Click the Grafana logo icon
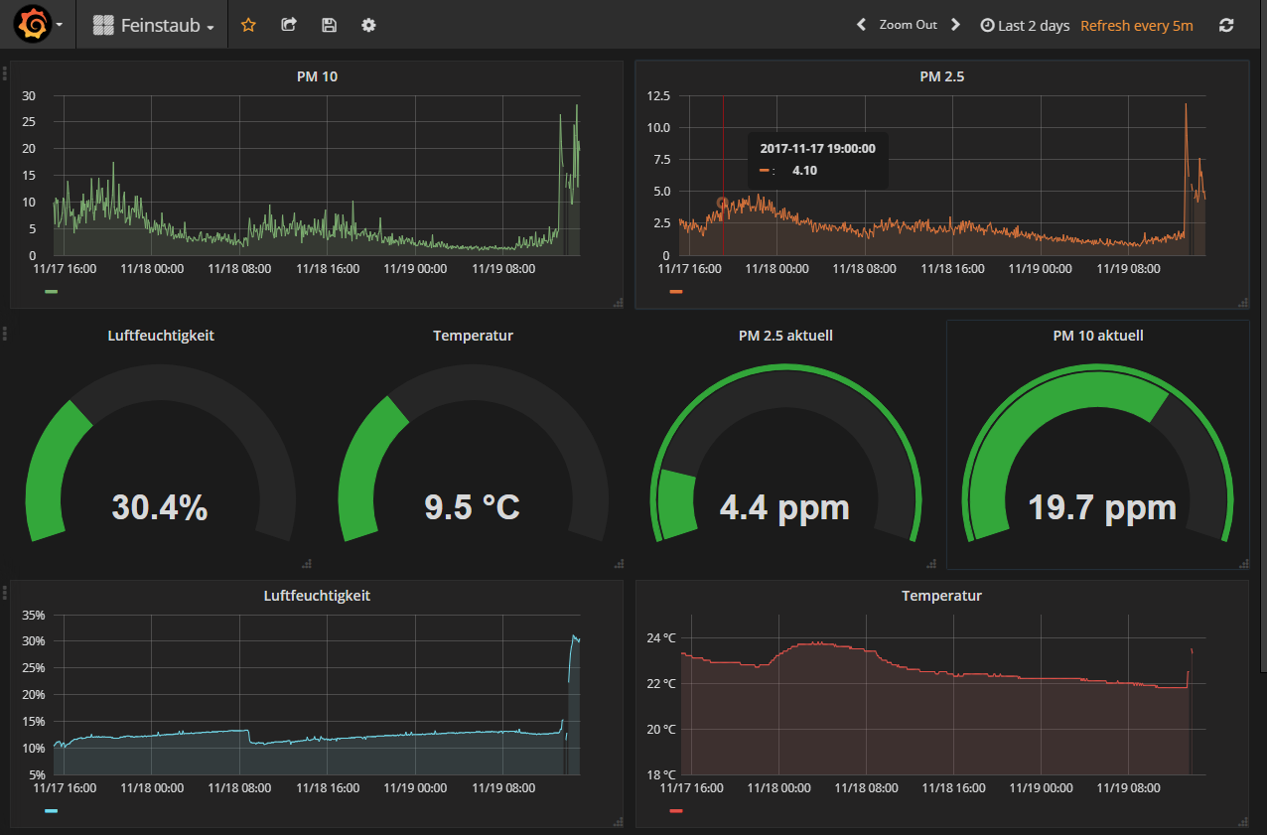point(32,25)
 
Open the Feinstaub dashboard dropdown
point(154,26)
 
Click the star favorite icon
point(248,25)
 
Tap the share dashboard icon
point(289,25)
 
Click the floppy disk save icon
point(330,25)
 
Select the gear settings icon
point(368,25)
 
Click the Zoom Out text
point(908,25)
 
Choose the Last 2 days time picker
point(1025,26)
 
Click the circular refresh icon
point(1226,25)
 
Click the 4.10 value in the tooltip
point(804,171)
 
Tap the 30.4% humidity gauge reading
point(160,507)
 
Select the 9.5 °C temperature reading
point(473,507)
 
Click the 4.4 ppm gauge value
point(784,507)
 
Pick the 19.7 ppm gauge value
point(1101,507)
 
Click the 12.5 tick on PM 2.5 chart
point(657,96)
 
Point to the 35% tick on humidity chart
point(34,616)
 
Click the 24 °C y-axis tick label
point(662,637)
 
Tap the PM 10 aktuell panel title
point(1098,336)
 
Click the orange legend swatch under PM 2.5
point(676,292)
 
